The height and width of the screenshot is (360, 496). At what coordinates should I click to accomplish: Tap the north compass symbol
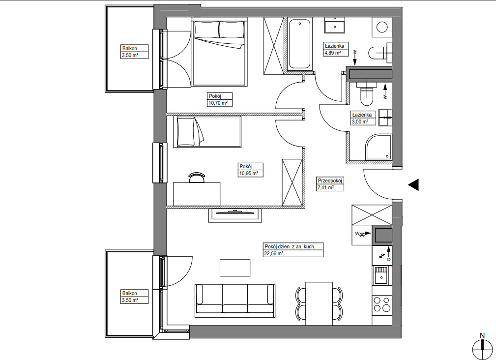482,350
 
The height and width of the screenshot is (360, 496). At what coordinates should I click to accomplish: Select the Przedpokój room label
330,180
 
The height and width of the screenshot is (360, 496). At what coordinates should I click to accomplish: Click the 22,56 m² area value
273,253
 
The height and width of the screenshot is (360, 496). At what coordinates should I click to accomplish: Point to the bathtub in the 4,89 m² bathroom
299,44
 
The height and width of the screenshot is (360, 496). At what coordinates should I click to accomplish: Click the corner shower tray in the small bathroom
379,147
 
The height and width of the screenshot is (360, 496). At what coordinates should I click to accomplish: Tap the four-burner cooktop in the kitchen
382,304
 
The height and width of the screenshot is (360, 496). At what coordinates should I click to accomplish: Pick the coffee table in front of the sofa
235,268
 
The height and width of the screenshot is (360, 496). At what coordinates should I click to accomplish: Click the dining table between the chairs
319,303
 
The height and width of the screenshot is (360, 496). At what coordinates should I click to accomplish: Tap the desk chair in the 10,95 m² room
197,178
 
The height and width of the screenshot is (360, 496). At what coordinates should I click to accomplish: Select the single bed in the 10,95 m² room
207,132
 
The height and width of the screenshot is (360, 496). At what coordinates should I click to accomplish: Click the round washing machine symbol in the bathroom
382,27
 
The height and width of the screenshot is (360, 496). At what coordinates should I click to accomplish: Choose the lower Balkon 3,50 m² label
135,297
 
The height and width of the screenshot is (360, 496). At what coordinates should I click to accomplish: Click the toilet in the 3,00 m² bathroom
367,93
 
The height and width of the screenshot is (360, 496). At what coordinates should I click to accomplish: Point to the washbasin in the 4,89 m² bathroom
335,25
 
